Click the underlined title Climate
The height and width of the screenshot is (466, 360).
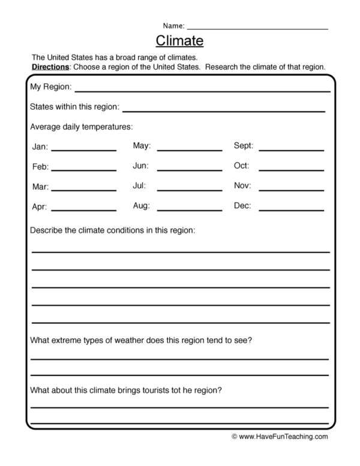(179, 41)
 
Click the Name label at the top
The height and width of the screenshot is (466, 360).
(173, 26)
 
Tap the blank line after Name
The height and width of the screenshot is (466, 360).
(257, 28)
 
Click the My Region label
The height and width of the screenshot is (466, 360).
(51, 88)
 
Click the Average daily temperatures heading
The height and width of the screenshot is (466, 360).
(81, 127)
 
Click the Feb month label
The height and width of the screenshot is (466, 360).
(40, 167)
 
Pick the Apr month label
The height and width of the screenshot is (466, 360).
(40, 206)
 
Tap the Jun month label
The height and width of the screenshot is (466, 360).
(140, 166)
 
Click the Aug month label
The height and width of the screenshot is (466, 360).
(141, 206)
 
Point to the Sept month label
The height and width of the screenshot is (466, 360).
(243, 146)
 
